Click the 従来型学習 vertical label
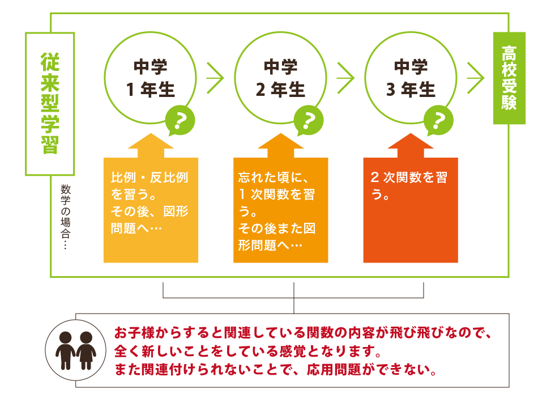50,103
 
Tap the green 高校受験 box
509,78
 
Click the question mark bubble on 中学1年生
180,121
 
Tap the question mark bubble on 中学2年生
309,121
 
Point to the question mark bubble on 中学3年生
438,121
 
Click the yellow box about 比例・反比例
151,210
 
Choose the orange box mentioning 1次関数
281,210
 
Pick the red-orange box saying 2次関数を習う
411,210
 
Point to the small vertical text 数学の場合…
65,217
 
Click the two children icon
76,350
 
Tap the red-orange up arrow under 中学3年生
411,146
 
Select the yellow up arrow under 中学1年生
151,146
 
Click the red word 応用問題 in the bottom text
334,370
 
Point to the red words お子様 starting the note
135,332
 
